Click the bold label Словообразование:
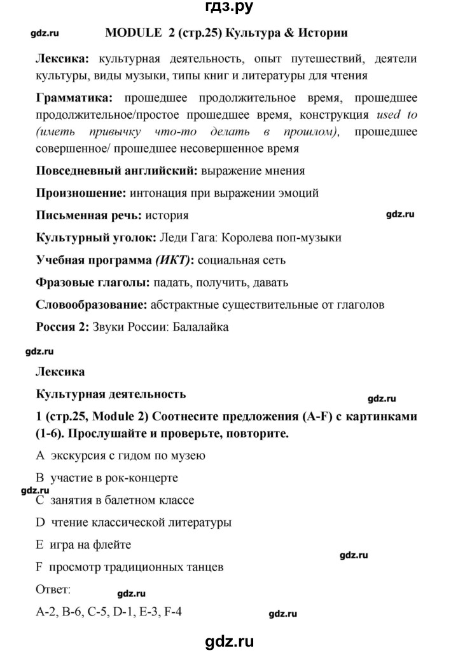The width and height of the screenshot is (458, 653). (91, 305)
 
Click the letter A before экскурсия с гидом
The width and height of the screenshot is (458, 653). (39, 455)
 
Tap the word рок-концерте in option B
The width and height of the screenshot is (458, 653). (144, 478)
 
